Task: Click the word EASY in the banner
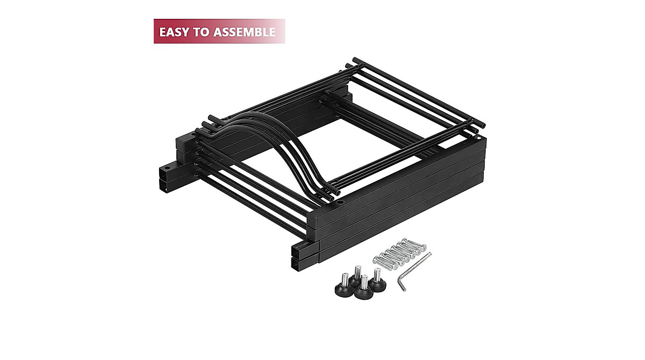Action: pos(175,32)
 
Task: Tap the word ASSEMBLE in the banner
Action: pos(245,32)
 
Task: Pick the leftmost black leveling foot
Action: pos(343,286)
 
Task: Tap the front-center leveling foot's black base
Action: pos(363,294)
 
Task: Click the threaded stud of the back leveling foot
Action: pos(358,271)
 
